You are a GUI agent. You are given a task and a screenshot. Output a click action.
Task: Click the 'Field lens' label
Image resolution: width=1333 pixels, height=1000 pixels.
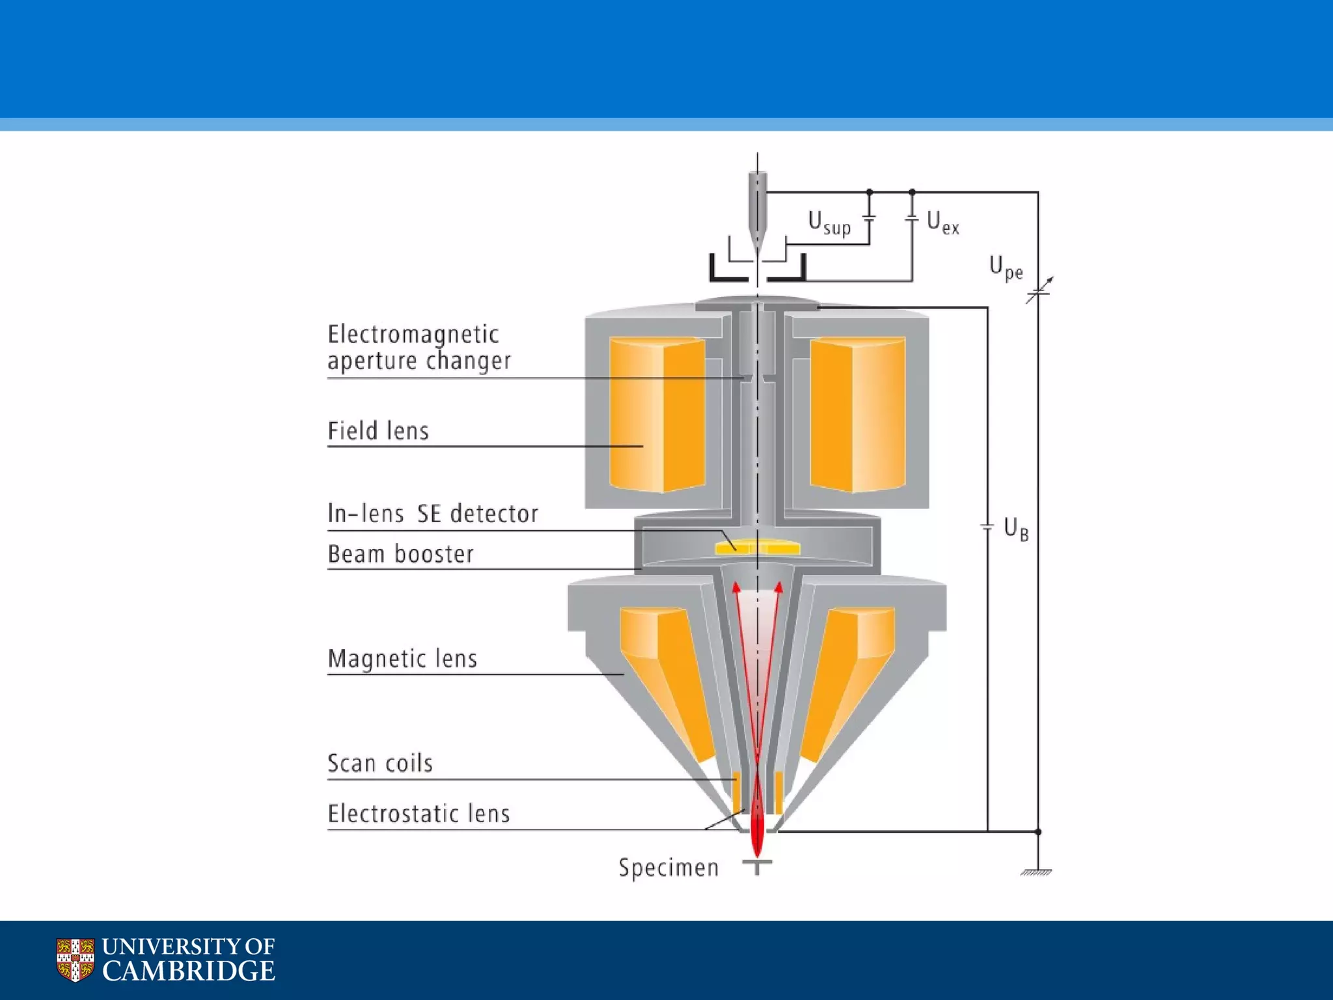pyautogui.click(x=378, y=431)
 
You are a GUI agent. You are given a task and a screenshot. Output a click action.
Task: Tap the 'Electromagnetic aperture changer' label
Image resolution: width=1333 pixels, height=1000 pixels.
pyautogui.click(x=419, y=348)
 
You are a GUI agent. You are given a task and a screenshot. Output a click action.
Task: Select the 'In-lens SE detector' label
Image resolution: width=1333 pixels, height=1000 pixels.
pyautogui.click(x=433, y=514)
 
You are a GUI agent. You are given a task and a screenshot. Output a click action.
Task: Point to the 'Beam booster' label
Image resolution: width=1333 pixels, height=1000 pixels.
pyautogui.click(x=400, y=554)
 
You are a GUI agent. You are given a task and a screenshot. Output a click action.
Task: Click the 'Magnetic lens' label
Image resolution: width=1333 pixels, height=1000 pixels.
pyautogui.click(x=402, y=658)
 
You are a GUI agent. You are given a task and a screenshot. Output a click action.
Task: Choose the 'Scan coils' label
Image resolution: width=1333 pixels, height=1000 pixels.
pyautogui.click(x=380, y=763)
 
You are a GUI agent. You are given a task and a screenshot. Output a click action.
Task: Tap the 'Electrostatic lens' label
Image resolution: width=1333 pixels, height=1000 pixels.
pyautogui.click(x=419, y=814)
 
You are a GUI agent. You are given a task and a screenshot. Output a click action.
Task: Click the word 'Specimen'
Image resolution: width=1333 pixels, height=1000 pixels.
pyautogui.click(x=668, y=868)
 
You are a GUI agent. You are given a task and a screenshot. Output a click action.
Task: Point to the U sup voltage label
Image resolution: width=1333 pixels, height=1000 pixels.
pyautogui.click(x=829, y=223)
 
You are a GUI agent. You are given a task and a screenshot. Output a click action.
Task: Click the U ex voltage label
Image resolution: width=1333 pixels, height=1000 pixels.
pyautogui.click(x=942, y=223)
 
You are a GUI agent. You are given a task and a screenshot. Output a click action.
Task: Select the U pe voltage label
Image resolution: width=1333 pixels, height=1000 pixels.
pyautogui.click(x=1006, y=268)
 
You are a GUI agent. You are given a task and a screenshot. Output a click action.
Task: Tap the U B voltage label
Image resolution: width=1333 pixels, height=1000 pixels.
pyautogui.click(x=1016, y=529)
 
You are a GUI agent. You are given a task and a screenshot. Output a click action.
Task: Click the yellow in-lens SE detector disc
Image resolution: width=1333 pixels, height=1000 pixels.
pyautogui.click(x=757, y=547)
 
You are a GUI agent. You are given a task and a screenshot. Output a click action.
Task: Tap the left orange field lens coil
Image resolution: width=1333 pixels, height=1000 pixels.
pyautogui.click(x=657, y=414)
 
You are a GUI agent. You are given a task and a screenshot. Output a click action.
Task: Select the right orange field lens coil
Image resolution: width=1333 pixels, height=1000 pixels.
pyautogui.click(x=857, y=414)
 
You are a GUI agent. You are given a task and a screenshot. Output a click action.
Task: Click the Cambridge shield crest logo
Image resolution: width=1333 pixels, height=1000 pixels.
pyautogui.click(x=75, y=960)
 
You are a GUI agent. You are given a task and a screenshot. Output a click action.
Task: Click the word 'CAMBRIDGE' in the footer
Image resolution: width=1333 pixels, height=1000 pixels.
pyautogui.click(x=188, y=971)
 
